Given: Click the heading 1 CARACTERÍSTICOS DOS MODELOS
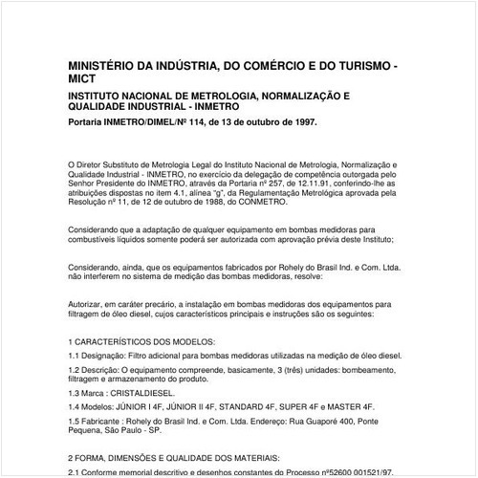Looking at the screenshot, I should coord(143,341).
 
